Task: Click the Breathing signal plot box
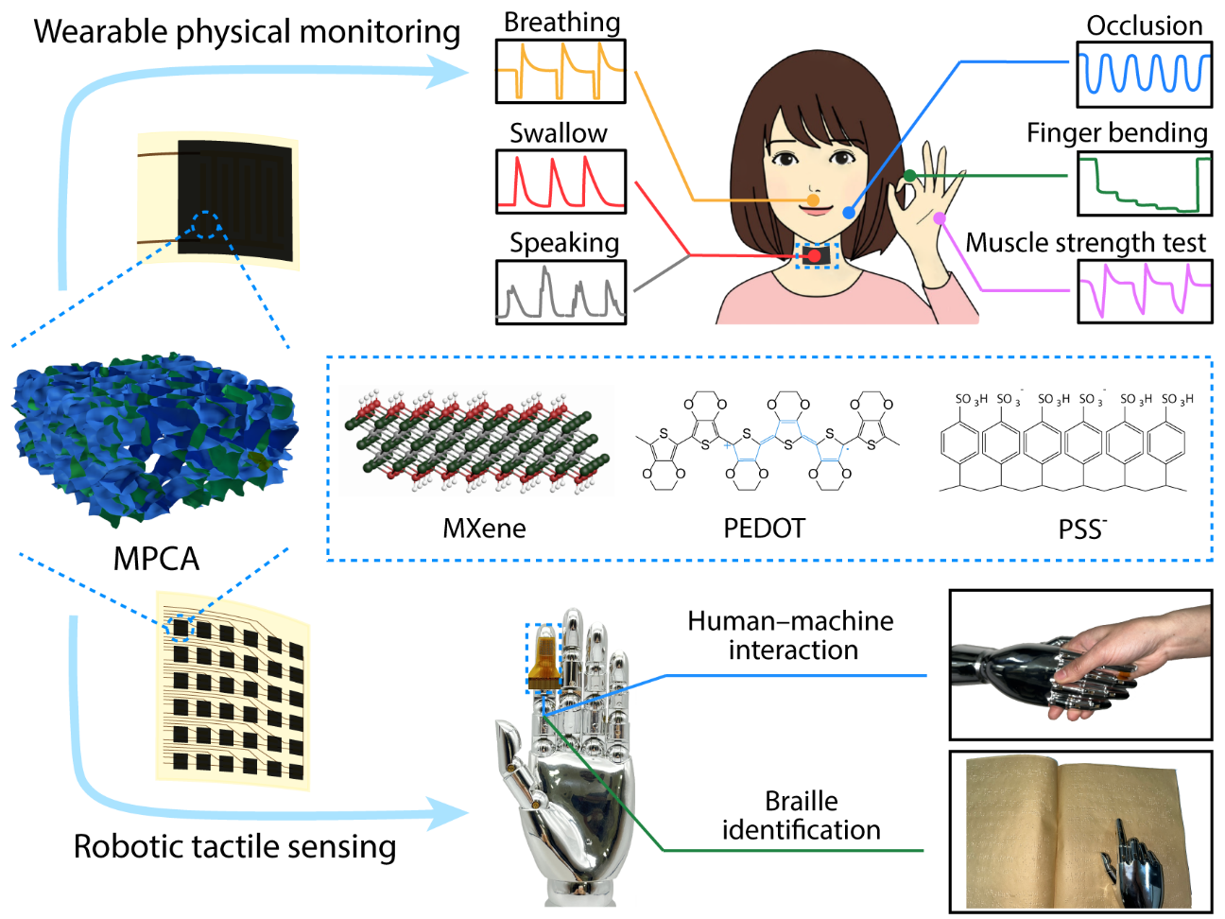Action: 561,71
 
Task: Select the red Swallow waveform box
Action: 561,182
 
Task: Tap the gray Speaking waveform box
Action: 561,292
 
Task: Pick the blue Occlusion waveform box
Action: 1145,74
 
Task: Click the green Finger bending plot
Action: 1145,183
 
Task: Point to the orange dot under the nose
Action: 814,199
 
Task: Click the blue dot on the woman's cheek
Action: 849,213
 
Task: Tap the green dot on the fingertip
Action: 909,176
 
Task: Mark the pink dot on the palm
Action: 940,218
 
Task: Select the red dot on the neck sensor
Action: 815,256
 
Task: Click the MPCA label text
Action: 156,559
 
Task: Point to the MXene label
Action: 484,529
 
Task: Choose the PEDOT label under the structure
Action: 764,529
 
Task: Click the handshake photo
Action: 1081,665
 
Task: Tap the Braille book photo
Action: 1081,832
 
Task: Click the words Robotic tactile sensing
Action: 235,847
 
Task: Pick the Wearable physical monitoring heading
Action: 247,31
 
